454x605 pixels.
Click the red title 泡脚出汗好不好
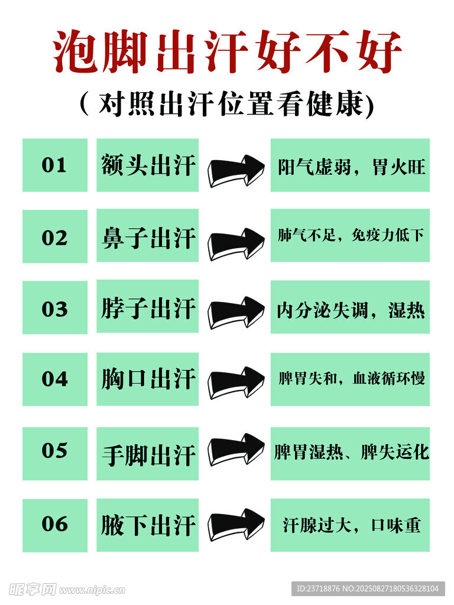228,52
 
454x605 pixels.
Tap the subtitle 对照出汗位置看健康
228,105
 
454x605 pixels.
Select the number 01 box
54,165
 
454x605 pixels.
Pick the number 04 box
54,379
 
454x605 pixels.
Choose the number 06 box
54,525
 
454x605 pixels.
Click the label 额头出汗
148,165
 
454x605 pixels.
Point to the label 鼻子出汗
148,238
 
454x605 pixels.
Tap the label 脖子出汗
148,308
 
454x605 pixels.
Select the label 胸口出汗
148,379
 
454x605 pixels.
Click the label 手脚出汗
148,454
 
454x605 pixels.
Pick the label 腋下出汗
148,525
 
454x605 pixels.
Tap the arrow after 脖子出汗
235,313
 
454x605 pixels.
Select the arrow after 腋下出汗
235,523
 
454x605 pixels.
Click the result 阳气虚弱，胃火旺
350,165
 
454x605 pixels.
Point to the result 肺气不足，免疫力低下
350,236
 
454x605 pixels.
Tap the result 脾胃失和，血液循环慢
350,379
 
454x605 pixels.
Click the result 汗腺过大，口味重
350,525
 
